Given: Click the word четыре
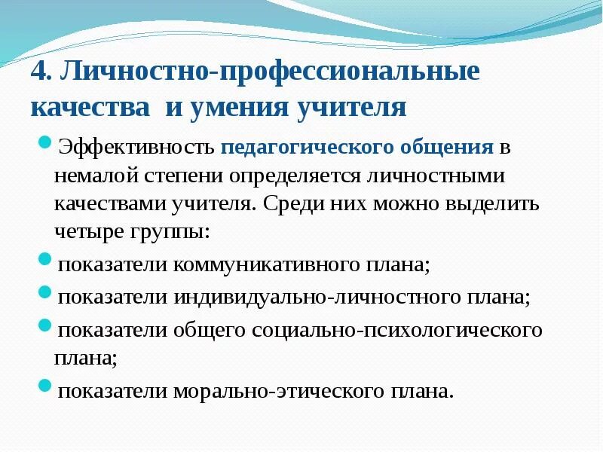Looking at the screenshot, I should (x=87, y=232).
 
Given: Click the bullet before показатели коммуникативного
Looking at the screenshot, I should (x=44, y=261).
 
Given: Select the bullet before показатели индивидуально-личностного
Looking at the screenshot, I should (x=44, y=292).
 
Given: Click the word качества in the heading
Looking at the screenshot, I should (x=90, y=107).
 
